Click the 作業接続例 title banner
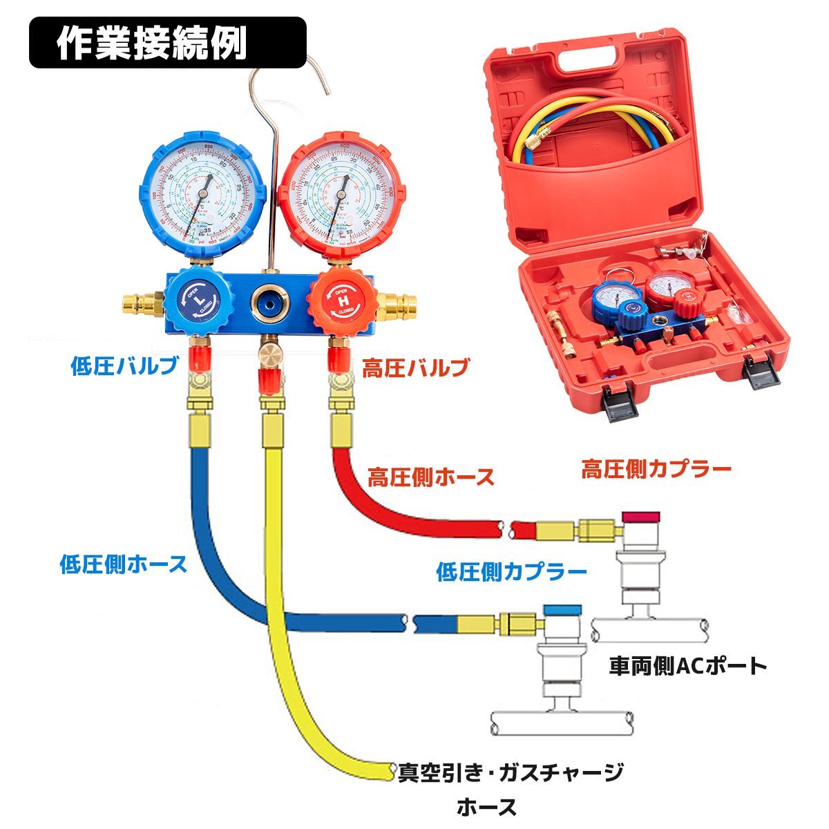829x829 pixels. point(167,42)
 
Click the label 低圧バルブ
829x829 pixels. point(124,365)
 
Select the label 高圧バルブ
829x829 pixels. point(416,367)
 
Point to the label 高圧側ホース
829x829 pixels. point(431,477)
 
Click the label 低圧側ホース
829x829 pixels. point(123,564)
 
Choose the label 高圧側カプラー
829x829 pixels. point(656,470)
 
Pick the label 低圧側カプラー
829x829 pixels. point(511,571)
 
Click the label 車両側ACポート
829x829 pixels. point(688,666)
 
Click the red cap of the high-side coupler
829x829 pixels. point(640,516)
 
